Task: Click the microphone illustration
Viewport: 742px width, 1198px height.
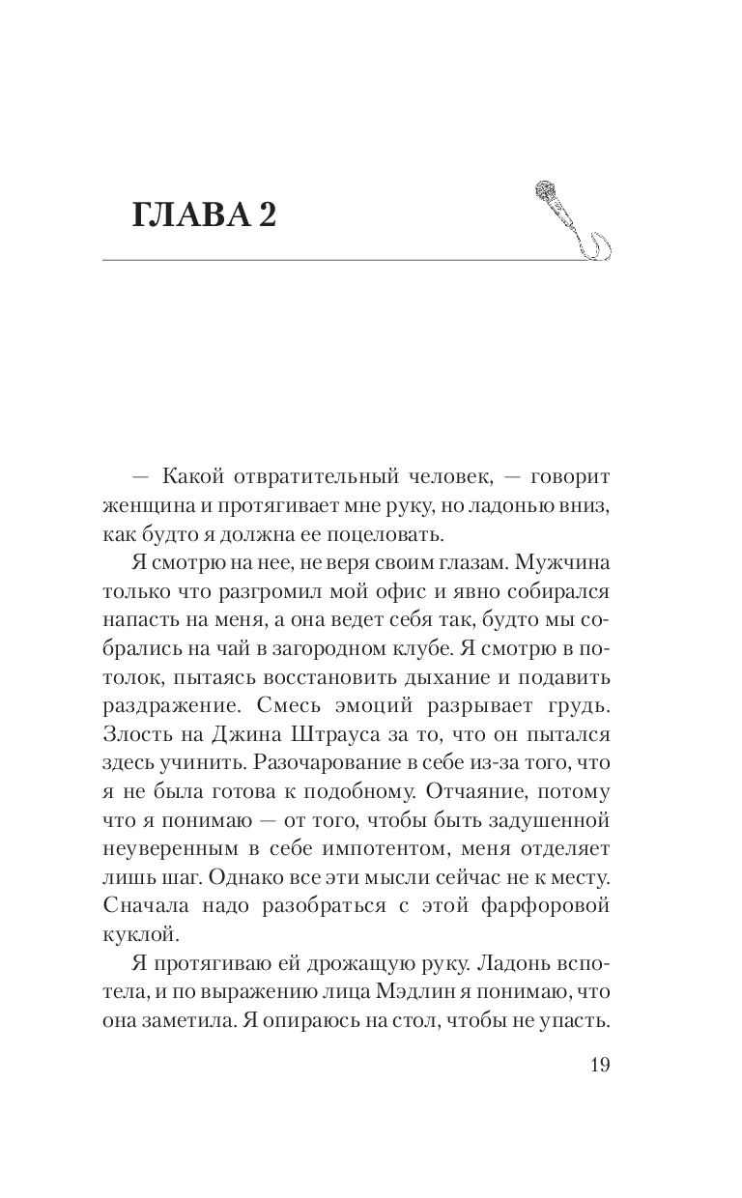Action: pyautogui.click(x=570, y=219)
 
